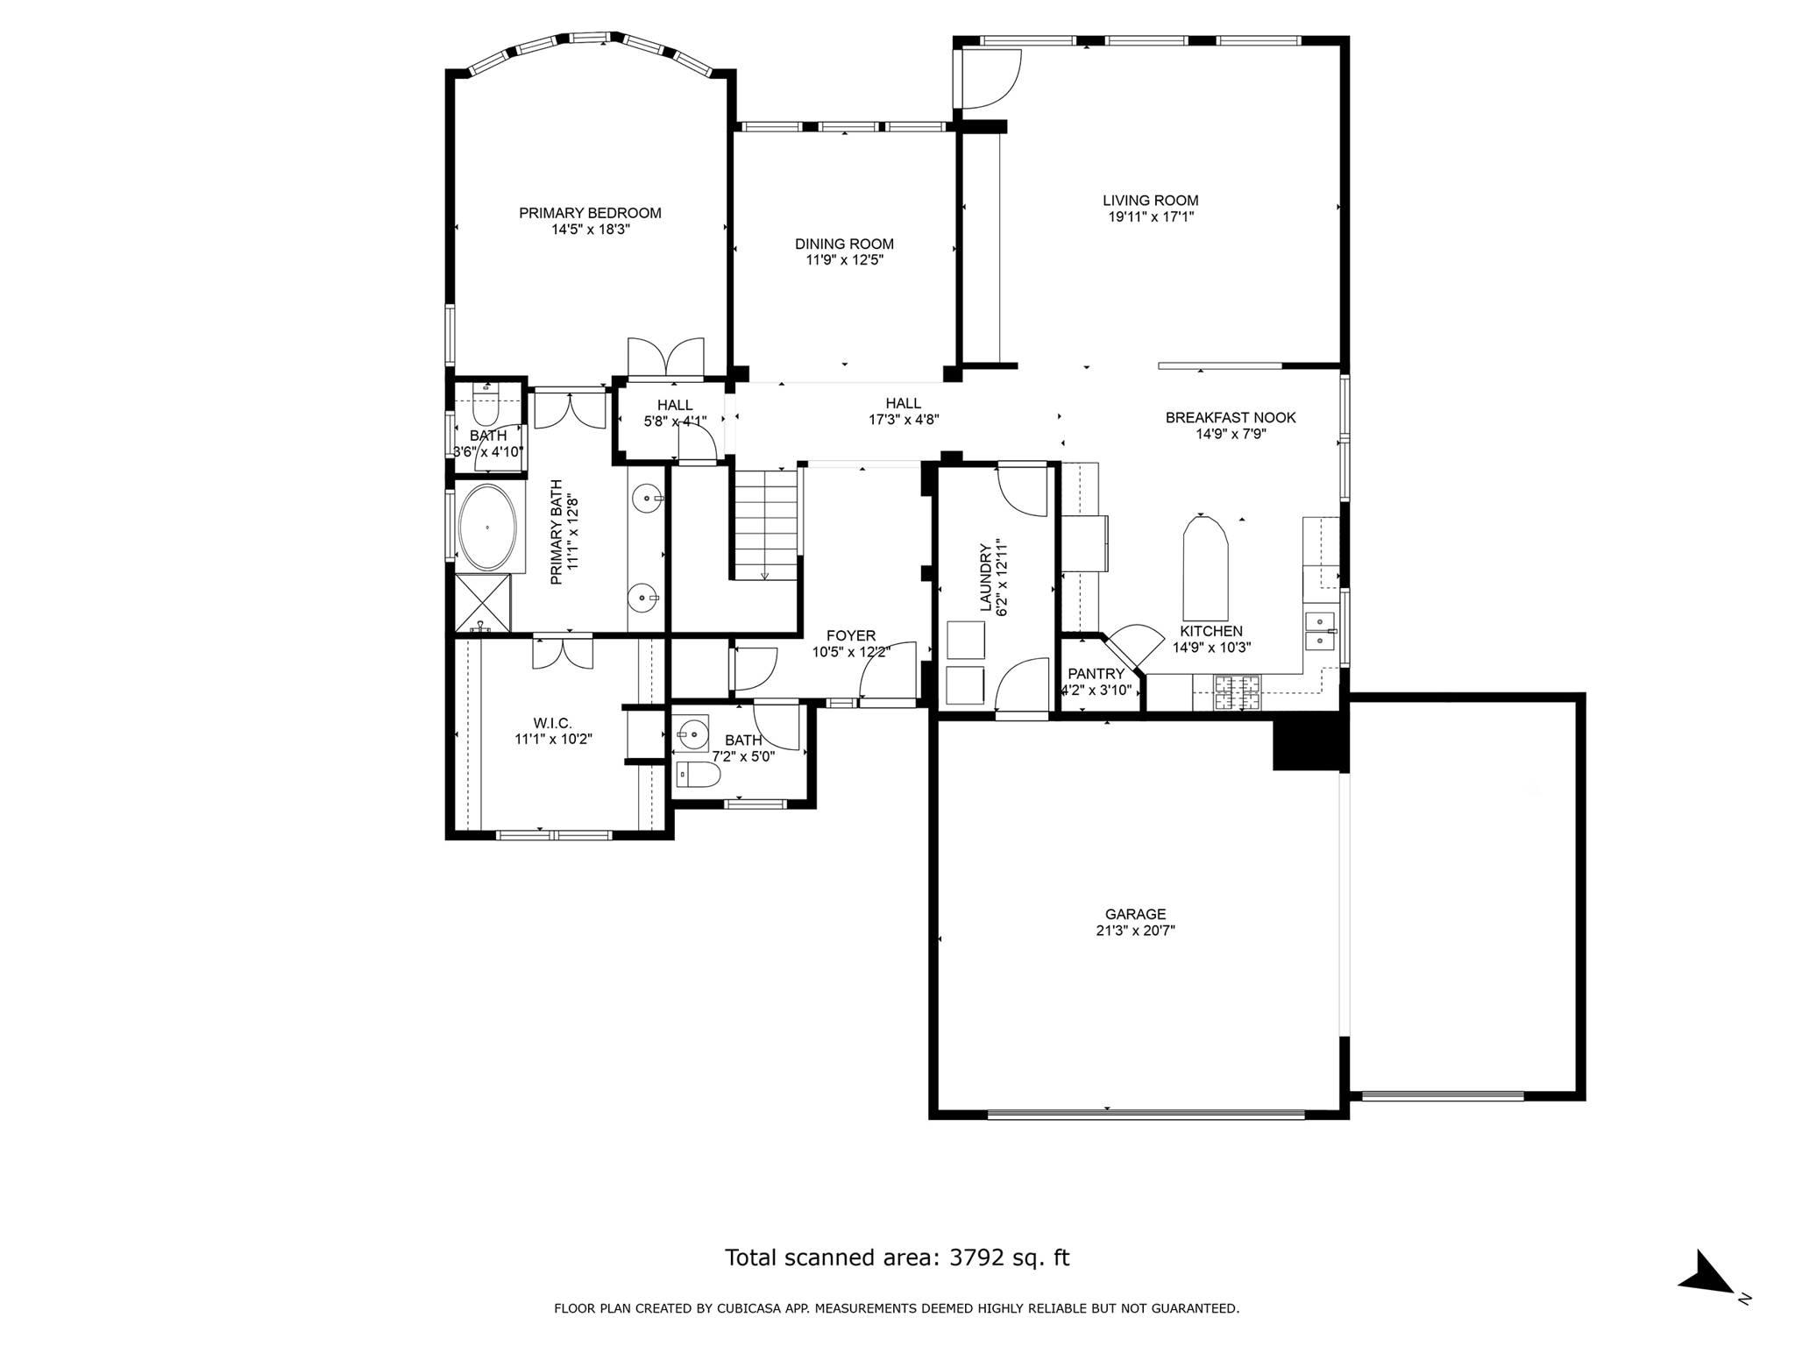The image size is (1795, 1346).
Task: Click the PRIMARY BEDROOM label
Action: [590, 213]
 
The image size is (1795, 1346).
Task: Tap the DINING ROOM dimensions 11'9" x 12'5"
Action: [844, 260]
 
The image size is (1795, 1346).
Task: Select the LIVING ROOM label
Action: [1150, 201]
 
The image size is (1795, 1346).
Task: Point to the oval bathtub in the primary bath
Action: [487, 528]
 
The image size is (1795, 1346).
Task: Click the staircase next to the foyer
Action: [766, 524]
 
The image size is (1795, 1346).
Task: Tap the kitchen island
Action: [1205, 568]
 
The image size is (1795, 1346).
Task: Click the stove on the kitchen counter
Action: [1237, 692]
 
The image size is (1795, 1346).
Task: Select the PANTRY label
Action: [1096, 674]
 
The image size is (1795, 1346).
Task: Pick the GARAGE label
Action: [1135, 914]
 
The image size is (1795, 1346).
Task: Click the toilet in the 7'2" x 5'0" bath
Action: [698, 775]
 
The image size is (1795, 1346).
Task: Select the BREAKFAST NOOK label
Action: [1230, 418]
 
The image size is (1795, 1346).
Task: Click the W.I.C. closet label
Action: [552, 723]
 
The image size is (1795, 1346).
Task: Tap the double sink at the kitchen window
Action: [1320, 631]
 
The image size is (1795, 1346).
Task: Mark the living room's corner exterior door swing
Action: [990, 79]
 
